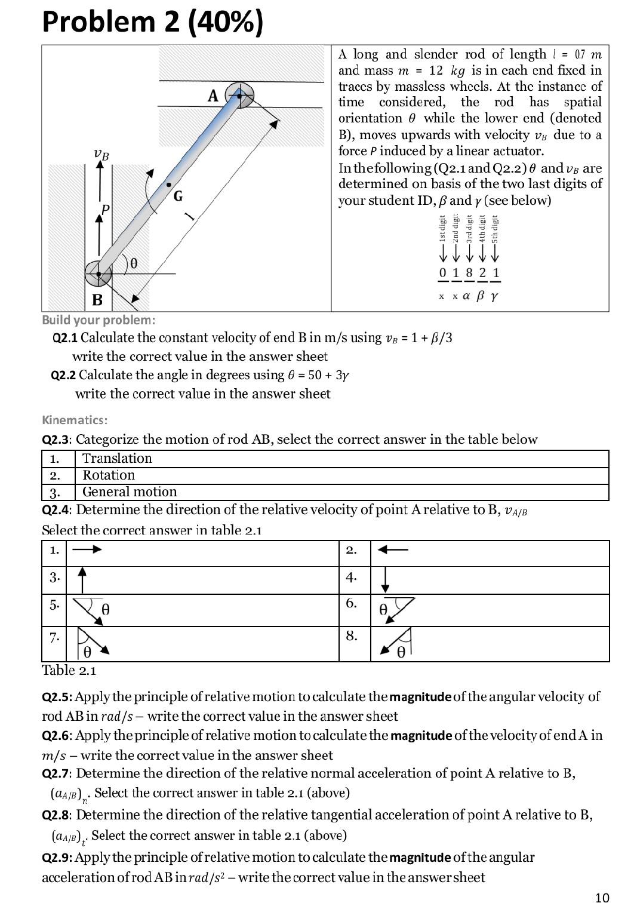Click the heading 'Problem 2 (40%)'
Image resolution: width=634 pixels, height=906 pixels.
[x=152, y=22]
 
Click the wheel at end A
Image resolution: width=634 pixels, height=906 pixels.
[x=239, y=96]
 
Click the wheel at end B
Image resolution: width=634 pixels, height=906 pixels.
[x=99, y=274]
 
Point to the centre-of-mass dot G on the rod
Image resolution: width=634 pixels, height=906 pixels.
[x=169, y=185]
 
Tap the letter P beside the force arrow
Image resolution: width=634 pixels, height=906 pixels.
[x=106, y=210]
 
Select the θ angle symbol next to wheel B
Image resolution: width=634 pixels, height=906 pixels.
[x=134, y=263]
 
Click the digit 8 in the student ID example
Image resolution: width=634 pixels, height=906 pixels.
[x=469, y=273]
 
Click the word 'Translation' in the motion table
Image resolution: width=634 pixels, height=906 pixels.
[x=117, y=459]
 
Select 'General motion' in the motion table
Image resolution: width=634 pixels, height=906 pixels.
[x=130, y=492]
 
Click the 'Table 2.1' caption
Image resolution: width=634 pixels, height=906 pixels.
[x=69, y=670]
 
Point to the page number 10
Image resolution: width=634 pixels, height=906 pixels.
[x=602, y=897]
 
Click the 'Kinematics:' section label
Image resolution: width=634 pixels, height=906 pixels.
[x=75, y=420]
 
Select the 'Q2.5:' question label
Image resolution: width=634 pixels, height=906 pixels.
[x=57, y=697]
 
